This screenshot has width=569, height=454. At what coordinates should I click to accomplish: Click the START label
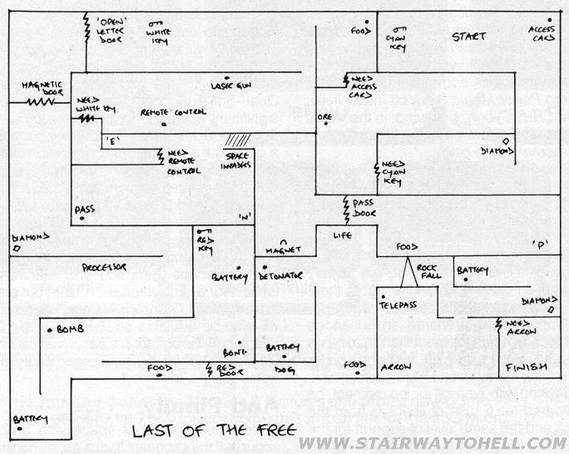tap(468, 37)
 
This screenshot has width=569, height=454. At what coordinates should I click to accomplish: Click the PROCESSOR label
tap(104, 267)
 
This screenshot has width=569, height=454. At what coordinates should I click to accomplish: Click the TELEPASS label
tap(398, 305)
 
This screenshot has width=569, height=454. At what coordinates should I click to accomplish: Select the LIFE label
tap(343, 236)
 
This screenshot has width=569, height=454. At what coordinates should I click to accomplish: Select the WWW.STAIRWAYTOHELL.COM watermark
tap(433, 443)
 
